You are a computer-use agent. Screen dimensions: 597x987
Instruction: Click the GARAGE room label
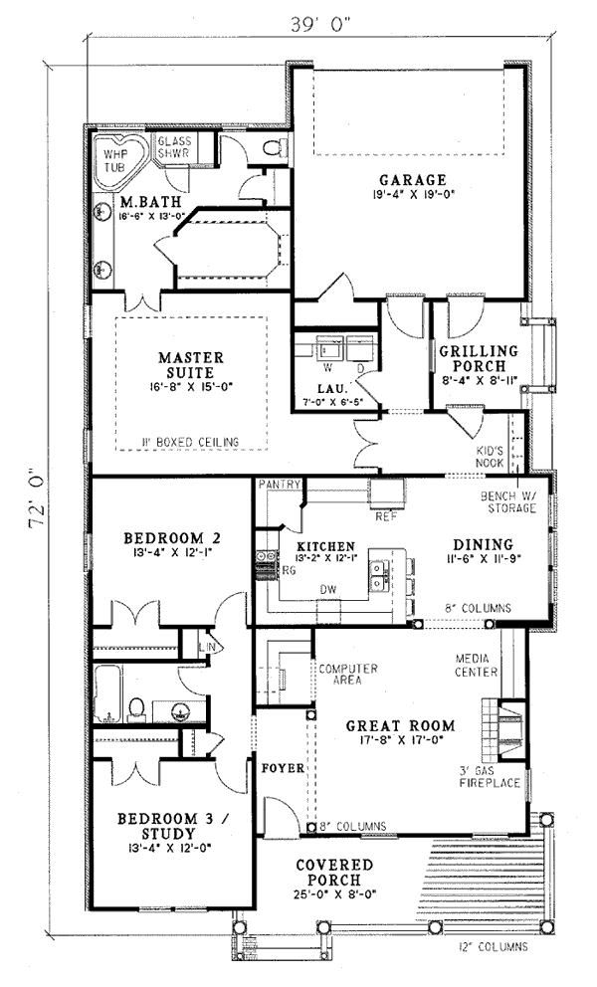[x=413, y=181]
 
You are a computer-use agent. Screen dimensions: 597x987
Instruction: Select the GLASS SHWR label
[x=174, y=147]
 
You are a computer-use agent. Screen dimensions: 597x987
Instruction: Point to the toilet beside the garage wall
[x=276, y=148]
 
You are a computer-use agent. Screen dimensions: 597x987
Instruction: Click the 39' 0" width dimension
[x=320, y=24]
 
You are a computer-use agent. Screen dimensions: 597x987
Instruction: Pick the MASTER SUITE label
[x=191, y=364]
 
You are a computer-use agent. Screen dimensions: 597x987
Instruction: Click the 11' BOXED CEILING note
[x=190, y=442]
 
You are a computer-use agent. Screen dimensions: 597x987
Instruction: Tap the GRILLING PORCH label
[x=479, y=358]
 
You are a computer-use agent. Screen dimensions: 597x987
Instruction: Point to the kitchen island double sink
[x=379, y=575]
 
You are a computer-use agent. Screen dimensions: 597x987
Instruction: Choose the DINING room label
[x=483, y=544]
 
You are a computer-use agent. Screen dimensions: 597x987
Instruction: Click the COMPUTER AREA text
[x=347, y=675]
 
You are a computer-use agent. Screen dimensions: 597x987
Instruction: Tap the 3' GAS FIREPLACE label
[x=490, y=777]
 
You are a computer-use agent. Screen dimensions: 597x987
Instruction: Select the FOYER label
[x=284, y=768]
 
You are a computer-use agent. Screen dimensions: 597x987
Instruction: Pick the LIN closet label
[x=207, y=647]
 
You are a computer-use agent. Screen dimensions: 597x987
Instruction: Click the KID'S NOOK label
[x=490, y=457]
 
